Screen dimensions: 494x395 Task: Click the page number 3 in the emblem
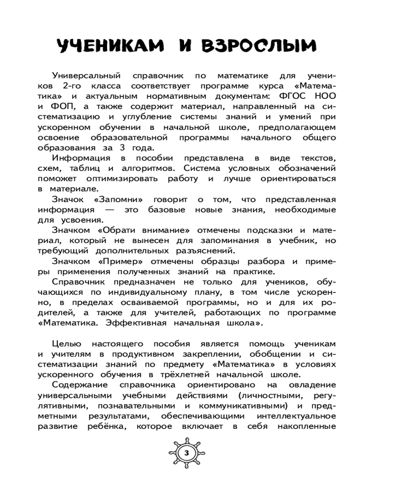pyautogui.click(x=186, y=453)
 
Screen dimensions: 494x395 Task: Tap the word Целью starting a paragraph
pyautogui.click(x=66, y=343)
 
